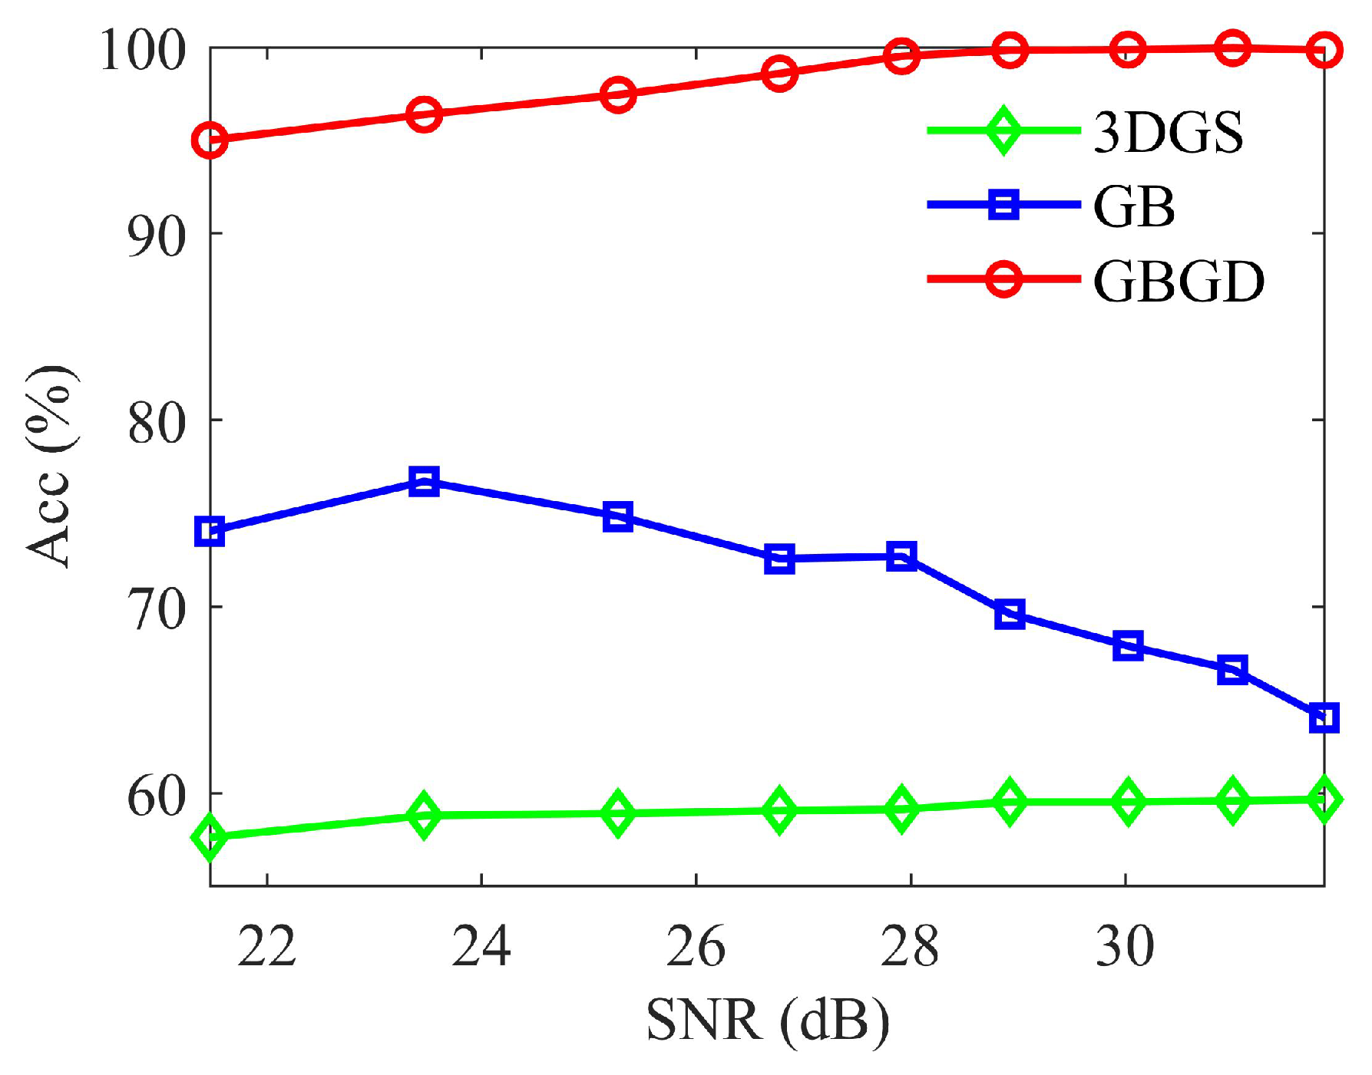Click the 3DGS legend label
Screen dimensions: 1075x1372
coord(1167,132)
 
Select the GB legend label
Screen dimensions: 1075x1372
coord(1133,206)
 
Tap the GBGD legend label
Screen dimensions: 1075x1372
coord(1178,281)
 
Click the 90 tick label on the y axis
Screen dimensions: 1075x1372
coord(157,236)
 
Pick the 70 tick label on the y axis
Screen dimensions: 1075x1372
coord(157,609)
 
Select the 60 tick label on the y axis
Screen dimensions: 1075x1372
coord(157,796)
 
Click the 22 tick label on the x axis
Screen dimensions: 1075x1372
coord(266,946)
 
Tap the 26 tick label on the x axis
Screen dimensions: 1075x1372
coord(695,946)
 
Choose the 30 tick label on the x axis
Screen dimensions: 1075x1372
coord(1125,946)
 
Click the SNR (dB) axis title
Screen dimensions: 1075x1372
coord(768,1021)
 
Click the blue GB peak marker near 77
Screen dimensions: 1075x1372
coord(424,482)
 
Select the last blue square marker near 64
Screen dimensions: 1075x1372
coord(1324,718)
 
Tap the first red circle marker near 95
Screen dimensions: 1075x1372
coord(210,140)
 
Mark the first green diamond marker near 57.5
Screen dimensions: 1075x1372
coord(210,836)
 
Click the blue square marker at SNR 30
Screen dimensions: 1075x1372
coord(1127,645)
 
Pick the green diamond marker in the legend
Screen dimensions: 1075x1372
coord(1003,130)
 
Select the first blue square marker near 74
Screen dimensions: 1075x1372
coord(210,531)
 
